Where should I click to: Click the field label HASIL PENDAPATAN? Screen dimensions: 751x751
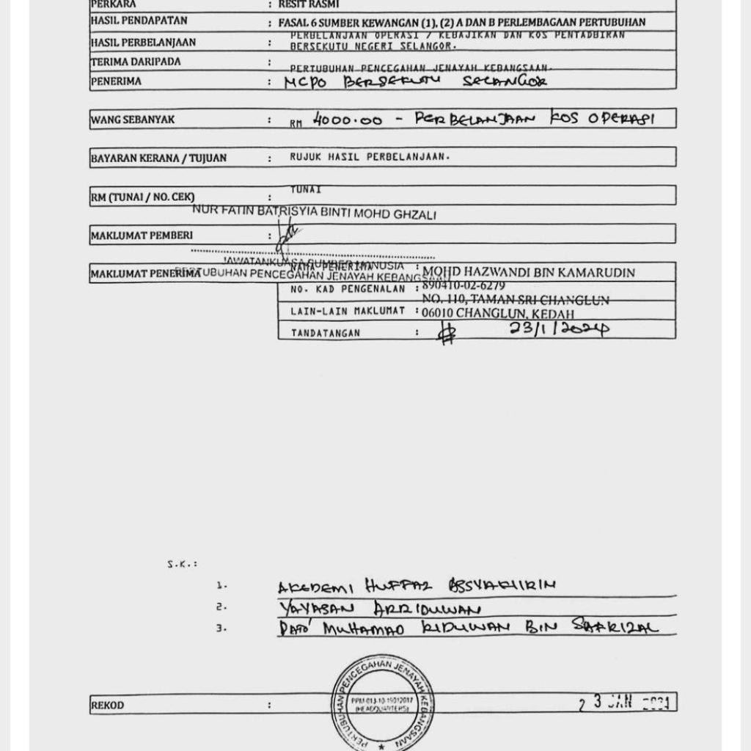pyautogui.click(x=139, y=21)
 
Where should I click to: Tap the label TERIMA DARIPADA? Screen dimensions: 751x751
pyautogui.click(x=136, y=62)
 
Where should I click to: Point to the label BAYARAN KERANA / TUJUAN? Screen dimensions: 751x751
pyautogui.click(x=158, y=158)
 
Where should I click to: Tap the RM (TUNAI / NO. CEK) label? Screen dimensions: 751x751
pyautogui.click(x=142, y=197)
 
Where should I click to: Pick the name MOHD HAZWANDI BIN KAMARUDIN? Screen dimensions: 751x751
pyautogui.click(x=529, y=273)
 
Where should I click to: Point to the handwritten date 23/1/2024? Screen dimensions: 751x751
pyautogui.click(x=559, y=329)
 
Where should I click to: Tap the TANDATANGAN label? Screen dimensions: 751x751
pyautogui.click(x=326, y=333)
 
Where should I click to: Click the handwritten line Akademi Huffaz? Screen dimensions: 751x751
pyautogui.click(x=417, y=586)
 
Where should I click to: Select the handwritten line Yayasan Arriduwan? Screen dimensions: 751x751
pyautogui.click(x=379, y=609)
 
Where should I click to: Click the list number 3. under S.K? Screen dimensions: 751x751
pyautogui.click(x=221, y=629)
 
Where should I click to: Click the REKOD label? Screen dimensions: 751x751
pyautogui.click(x=107, y=706)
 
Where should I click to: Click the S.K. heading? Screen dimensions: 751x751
pyautogui.click(x=182, y=564)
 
